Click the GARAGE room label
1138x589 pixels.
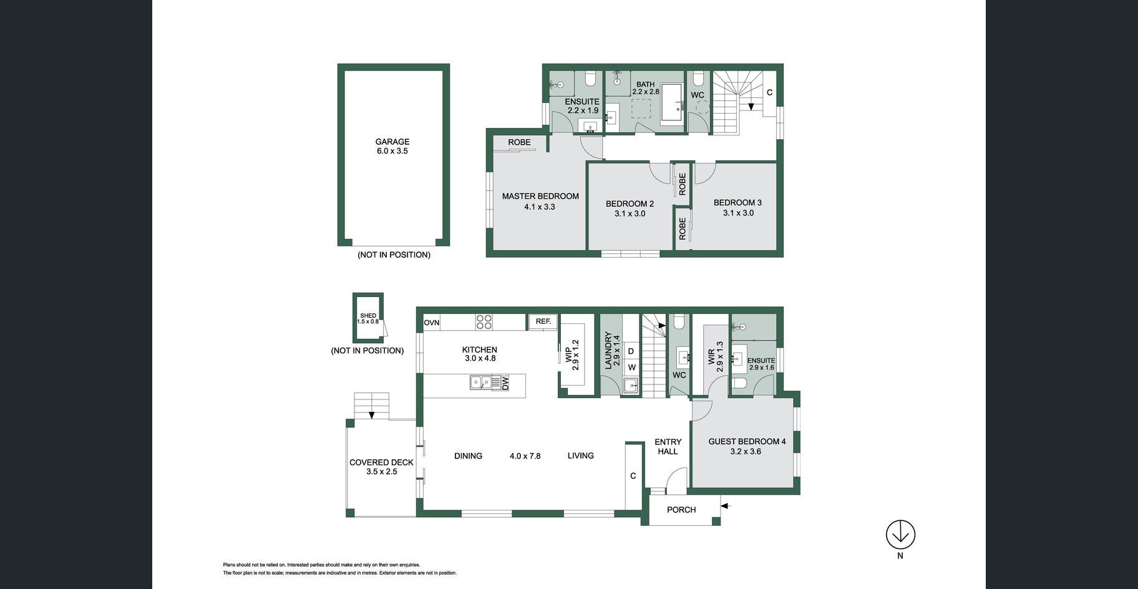pyautogui.click(x=392, y=142)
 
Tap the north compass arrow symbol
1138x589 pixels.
pyautogui.click(x=900, y=535)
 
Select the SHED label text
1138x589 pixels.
pyautogui.click(x=368, y=316)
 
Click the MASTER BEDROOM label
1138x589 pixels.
pyautogui.click(x=540, y=196)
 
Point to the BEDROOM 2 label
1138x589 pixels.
pyautogui.click(x=630, y=204)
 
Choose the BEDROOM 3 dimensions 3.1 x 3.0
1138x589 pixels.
pyautogui.click(x=738, y=213)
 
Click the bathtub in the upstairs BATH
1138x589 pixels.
pyautogui.click(x=672, y=104)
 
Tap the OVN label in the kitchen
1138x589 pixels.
pyautogui.click(x=432, y=323)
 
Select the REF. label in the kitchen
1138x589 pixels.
pyautogui.click(x=543, y=321)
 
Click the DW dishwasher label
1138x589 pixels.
pyautogui.click(x=505, y=382)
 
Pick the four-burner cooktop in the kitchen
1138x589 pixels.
pyautogui.click(x=484, y=322)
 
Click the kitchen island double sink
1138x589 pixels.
pyautogui.click(x=480, y=382)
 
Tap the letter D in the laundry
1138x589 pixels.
pyautogui.click(x=631, y=352)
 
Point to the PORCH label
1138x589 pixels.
pyautogui.click(x=681, y=510)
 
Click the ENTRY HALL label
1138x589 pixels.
pyautogui.click(x=668, y=446)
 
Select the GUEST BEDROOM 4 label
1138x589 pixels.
pyautogui.click(x=747, y=441)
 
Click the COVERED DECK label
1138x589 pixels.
pyautogui.click(x=381, y=462)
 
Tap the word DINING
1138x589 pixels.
pyautogui.click(x=468, y=455)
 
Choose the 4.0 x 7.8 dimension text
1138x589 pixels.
pyautogui.click(x=525, y=456)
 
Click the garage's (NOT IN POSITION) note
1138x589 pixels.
pyautogui.click(x=394, y=255)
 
